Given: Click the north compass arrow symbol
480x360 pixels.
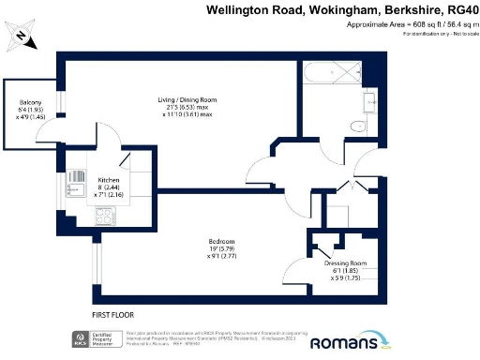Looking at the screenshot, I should (20, 37).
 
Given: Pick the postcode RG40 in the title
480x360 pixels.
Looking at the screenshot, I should (459, 9).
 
